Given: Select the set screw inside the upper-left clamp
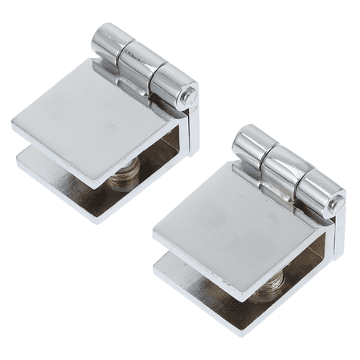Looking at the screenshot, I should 129,170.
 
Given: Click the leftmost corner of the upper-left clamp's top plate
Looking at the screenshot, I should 14,125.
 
